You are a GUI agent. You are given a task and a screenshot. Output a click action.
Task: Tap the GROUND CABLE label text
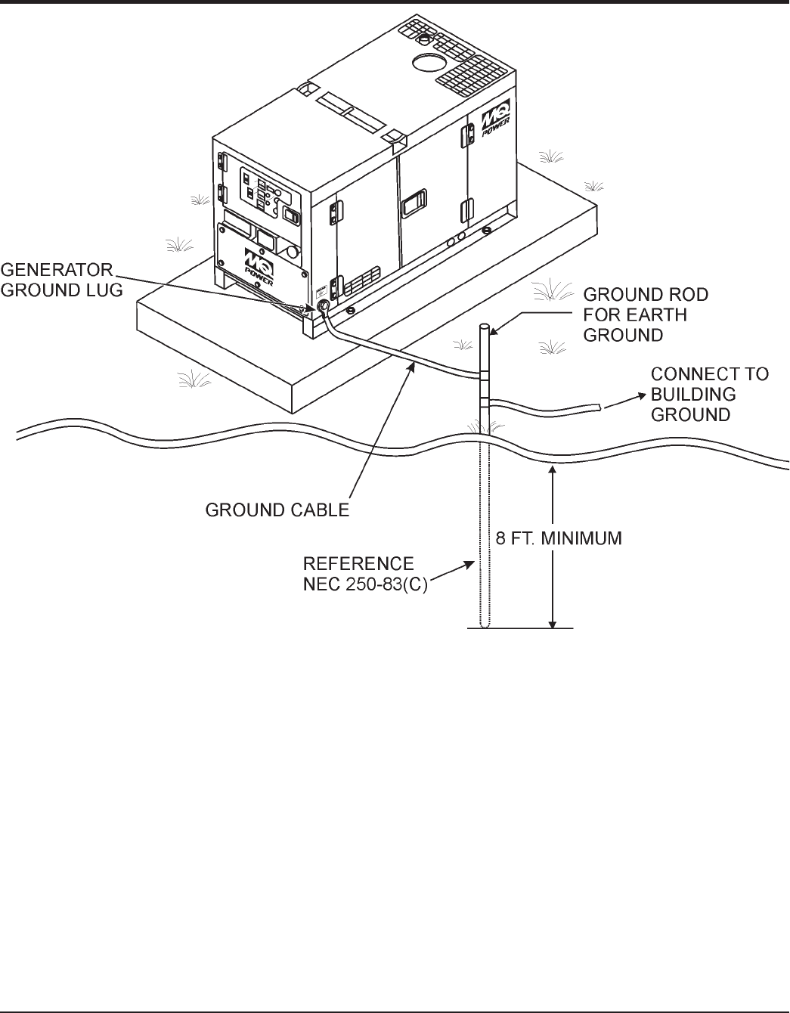277,511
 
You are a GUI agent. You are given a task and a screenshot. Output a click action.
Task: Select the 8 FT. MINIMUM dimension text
559,539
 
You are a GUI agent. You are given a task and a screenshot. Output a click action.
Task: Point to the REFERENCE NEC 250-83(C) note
366,574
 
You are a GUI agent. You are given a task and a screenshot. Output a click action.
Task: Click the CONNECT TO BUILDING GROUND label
709,394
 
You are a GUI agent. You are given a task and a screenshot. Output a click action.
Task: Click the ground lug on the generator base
321,306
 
